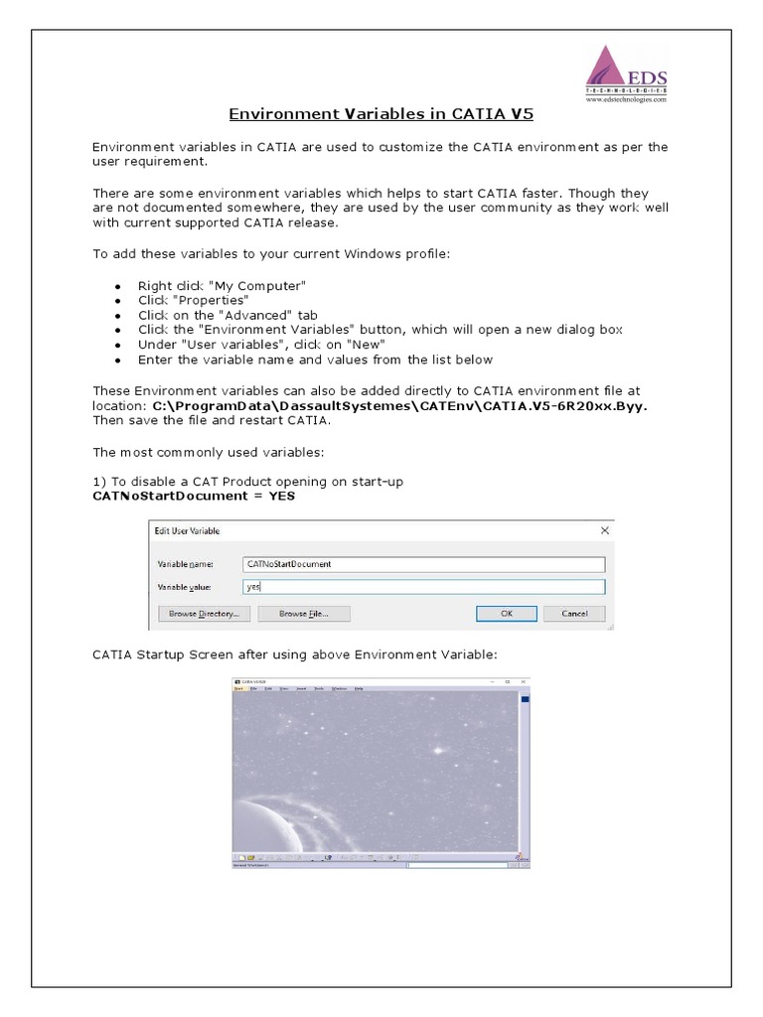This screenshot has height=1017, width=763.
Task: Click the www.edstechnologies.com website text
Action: coord(626,99)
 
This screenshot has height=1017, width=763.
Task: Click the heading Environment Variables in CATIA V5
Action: coord(381,114)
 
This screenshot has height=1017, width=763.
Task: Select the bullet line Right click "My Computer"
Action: coord(221,285)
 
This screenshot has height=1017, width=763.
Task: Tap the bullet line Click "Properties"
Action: coord(193,300)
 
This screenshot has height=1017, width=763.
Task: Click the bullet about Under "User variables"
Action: coord(248,345)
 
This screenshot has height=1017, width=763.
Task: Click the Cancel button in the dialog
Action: coord(574,614)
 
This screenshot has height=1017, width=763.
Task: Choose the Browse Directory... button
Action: coord(203,614)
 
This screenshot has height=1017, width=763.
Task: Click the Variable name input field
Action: coord(423,564)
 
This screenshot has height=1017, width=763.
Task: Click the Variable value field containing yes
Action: coord(423,587)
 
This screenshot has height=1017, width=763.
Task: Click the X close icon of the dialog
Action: coord(604,531)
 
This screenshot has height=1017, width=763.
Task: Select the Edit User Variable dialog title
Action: coord(188,531)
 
